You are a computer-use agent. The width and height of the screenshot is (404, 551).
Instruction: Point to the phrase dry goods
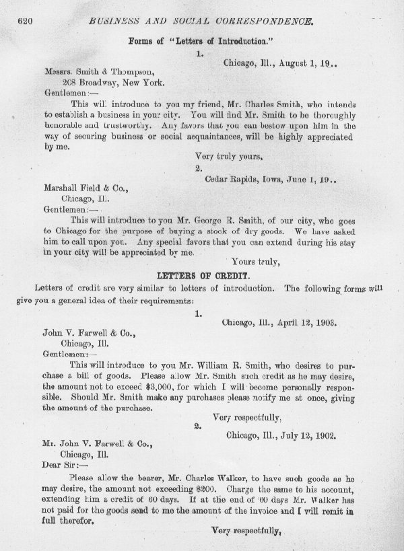274,229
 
